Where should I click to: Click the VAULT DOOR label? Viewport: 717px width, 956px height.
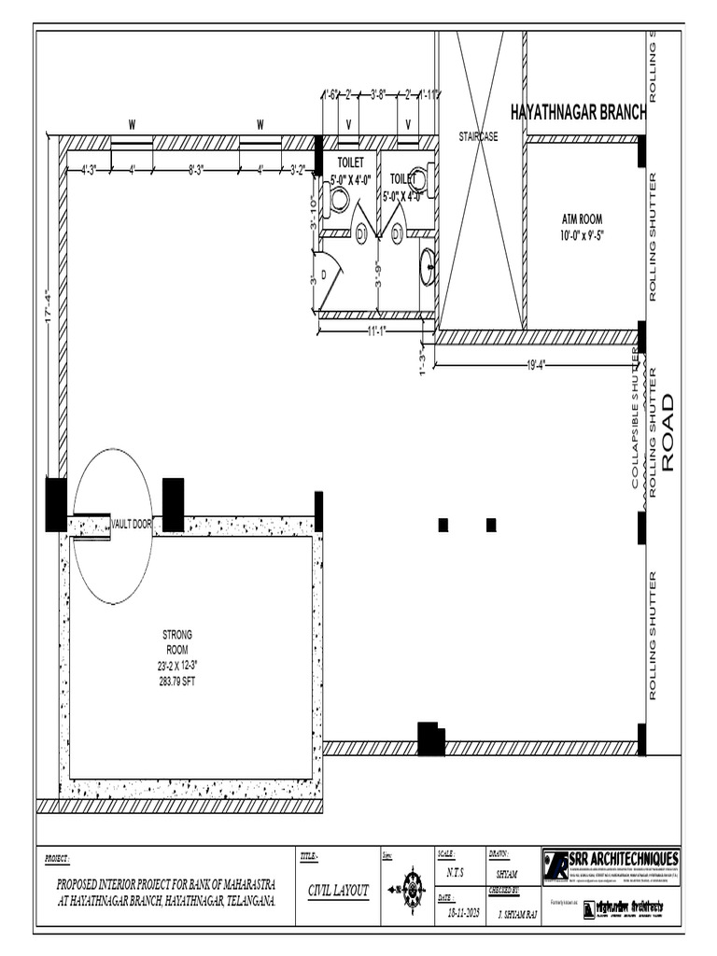(x=131, y=526)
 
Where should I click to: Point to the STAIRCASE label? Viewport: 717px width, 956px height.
(x=479, y=137)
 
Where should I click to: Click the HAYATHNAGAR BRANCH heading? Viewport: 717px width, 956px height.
(x=578, y=112)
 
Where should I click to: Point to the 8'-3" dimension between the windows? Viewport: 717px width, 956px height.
(x=197, y=170)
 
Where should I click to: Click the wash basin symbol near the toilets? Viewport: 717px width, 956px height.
(x=427, y=266)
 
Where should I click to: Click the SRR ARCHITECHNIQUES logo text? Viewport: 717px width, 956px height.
(x=626, y=860)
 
